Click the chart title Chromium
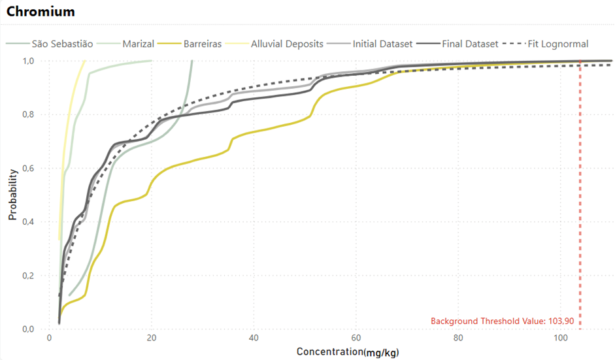tap(41, 12)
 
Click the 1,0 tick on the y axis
tap(28, 61)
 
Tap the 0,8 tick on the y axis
tap(28, 114)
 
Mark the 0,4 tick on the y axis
tap(28, 222)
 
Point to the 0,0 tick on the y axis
tap(28, 329)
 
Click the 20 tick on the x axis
tap(152, 338)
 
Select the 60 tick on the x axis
tap(356, 338)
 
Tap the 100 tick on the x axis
tap(561, 338)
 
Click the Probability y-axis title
tap(12, 195)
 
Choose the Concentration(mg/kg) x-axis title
tap(348, 352)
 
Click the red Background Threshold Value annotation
tap(502, 321)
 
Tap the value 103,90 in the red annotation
tap(561, 321)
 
